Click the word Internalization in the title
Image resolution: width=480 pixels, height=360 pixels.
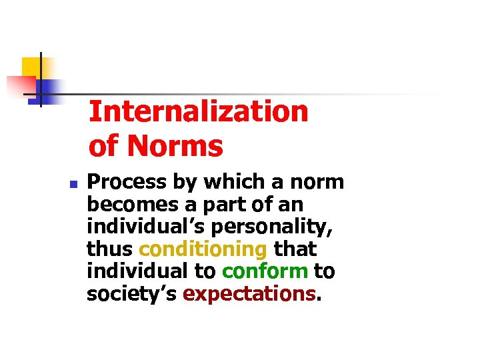click(x=198, y=112)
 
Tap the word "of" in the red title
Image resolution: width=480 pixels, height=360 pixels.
click(x=102, y=146)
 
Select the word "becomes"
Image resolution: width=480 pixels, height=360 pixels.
click(x=127, y=204)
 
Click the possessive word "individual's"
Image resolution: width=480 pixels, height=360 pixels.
click(x=144, y=226)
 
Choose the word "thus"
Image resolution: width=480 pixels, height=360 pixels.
click(x=110, y=249)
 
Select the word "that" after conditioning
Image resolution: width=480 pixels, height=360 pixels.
click(x=295, y=249)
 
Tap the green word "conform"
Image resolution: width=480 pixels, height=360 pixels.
click(x=265, y=271)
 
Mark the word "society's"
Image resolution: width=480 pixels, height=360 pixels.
click(x=131, y=293)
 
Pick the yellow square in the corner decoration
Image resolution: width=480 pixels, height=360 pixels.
click(x=32, y=67)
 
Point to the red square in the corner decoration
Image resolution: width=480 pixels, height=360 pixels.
click(x=20, y=85)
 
